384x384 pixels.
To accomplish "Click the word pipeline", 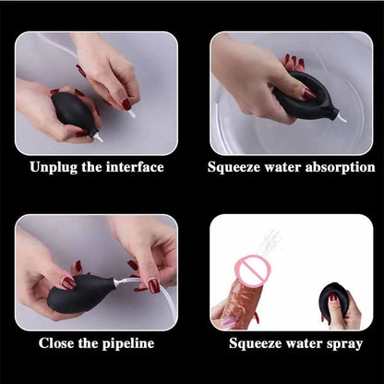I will (124, 343).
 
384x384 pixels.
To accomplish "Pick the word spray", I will (342, 343).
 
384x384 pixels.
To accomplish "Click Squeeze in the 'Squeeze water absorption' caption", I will (234, 167).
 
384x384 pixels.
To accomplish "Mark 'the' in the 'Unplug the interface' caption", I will (91, 167).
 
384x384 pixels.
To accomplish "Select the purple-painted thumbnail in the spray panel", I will (228, 321).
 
